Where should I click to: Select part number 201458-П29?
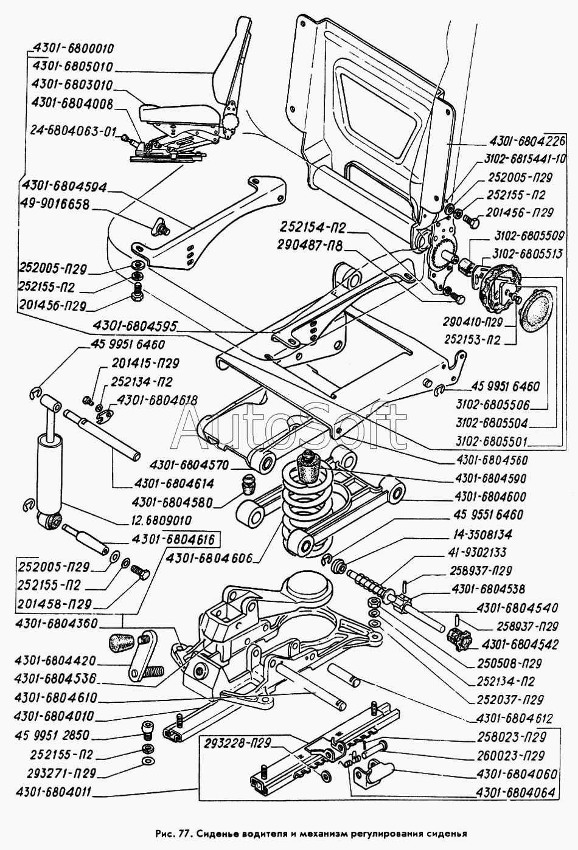[55, 604]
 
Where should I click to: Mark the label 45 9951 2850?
[55, 736]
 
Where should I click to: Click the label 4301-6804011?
[55, 793]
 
